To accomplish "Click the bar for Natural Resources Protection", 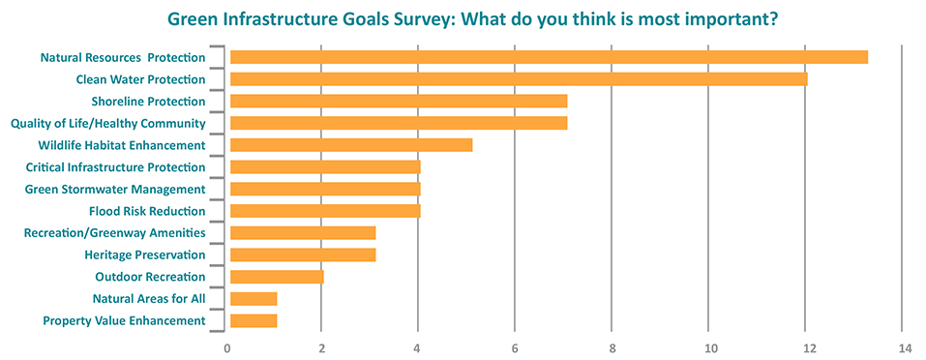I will [549, 57].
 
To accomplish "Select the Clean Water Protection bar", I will [519, 79].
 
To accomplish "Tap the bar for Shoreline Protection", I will [399, 101].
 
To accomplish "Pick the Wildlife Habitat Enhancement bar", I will [351, 145].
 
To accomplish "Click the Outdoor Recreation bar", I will [277, 277].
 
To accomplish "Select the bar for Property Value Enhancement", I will [254, 320].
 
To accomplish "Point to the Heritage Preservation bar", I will [303, 255].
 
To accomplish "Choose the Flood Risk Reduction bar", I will [325, 211].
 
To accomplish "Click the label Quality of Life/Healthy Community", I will [107, 123].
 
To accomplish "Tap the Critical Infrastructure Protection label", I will [115, 167].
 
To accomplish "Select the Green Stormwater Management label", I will [114, 189].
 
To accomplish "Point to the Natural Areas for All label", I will [149, 298].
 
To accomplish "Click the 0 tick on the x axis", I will [227, 346].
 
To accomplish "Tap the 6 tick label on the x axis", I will [515, 346].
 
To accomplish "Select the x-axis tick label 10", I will [709, 346].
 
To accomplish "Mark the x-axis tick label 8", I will [612, 346].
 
